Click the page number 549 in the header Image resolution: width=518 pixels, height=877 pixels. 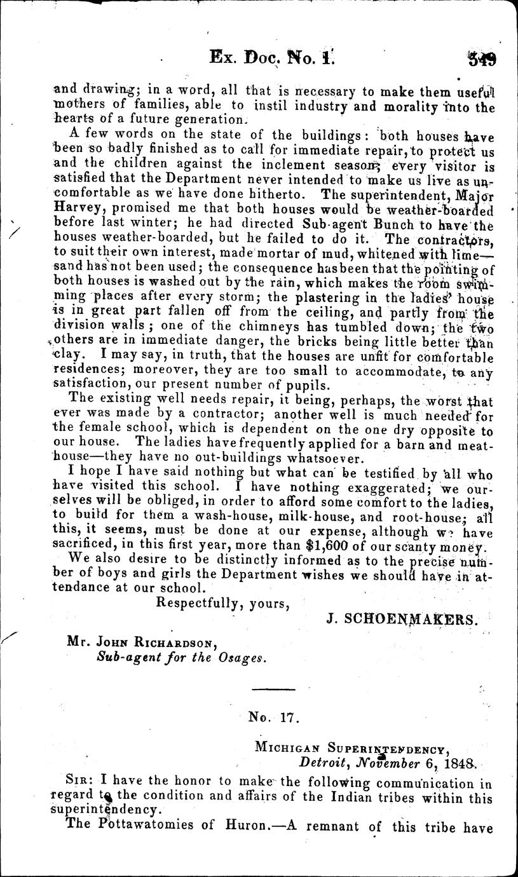(482, 60)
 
